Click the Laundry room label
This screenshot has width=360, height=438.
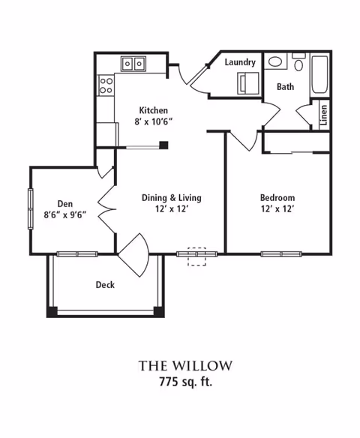[x=240, y=62]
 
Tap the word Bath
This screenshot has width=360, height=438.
[x=285, y=86]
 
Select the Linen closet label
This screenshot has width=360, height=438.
[x=323, y=115]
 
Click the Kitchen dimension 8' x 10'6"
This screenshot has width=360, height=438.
[x=153, y=121]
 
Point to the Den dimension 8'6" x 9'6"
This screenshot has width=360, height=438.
[x=64, y=214]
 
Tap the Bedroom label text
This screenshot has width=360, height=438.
[x=277, y=198]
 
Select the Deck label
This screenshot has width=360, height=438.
[x=105, y=285]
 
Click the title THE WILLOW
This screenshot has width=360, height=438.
[x=185, y=366]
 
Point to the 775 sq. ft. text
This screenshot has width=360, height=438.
[x=185, y=381]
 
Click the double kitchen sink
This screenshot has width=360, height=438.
[x=133, y=64]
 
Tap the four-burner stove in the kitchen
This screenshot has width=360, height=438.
[x=106, y=85]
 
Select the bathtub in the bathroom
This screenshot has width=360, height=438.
[x=319, y=74]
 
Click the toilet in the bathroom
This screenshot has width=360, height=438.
[x=298, y=62]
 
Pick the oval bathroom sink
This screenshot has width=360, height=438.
[x=275, y=61]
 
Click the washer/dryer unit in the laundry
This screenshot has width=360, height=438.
[x=248, y=83]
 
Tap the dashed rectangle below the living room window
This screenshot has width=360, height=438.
[x=196, y=256]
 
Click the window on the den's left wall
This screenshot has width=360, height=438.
[x=31, y=208]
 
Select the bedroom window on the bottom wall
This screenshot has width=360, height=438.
[x=281, y=254]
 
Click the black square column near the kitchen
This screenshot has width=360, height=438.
[x=163, y=145]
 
